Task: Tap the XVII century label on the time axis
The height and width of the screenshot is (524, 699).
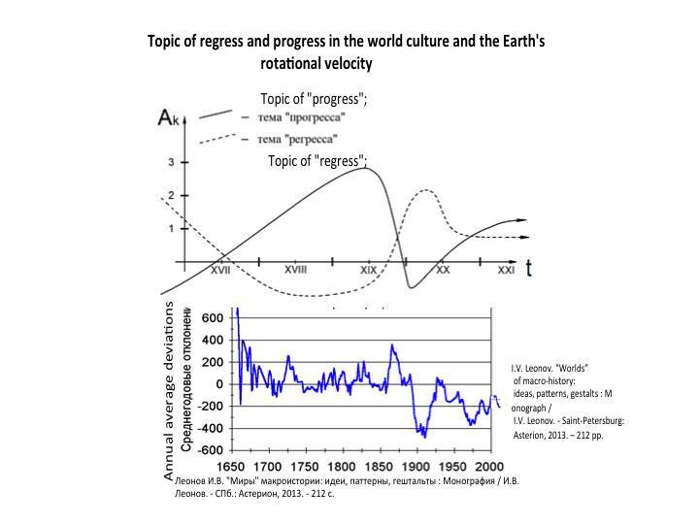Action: click(x=220, y=272)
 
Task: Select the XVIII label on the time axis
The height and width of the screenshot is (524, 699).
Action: click(x=295, y=272)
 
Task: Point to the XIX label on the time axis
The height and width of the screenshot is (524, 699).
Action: click(x=369, y=272)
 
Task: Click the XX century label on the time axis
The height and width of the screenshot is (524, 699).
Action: click(x=443, y=272)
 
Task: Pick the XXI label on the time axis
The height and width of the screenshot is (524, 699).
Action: click(x=506, y=272)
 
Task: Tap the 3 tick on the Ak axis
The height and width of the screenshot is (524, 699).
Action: click(x=171, y=162)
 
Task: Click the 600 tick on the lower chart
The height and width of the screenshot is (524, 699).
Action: click(x=213, y=318)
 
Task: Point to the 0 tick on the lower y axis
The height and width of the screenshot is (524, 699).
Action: click(x=219, y=384)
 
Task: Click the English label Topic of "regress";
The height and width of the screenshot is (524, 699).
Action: click(x=317, y=160)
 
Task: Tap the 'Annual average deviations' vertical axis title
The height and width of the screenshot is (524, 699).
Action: click(x=169, y=391)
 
